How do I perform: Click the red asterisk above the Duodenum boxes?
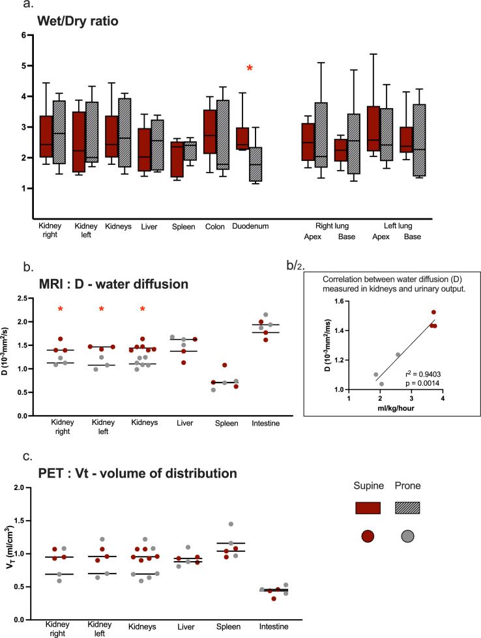coord(249,68)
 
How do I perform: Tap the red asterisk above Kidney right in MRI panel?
coord(59,310)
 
